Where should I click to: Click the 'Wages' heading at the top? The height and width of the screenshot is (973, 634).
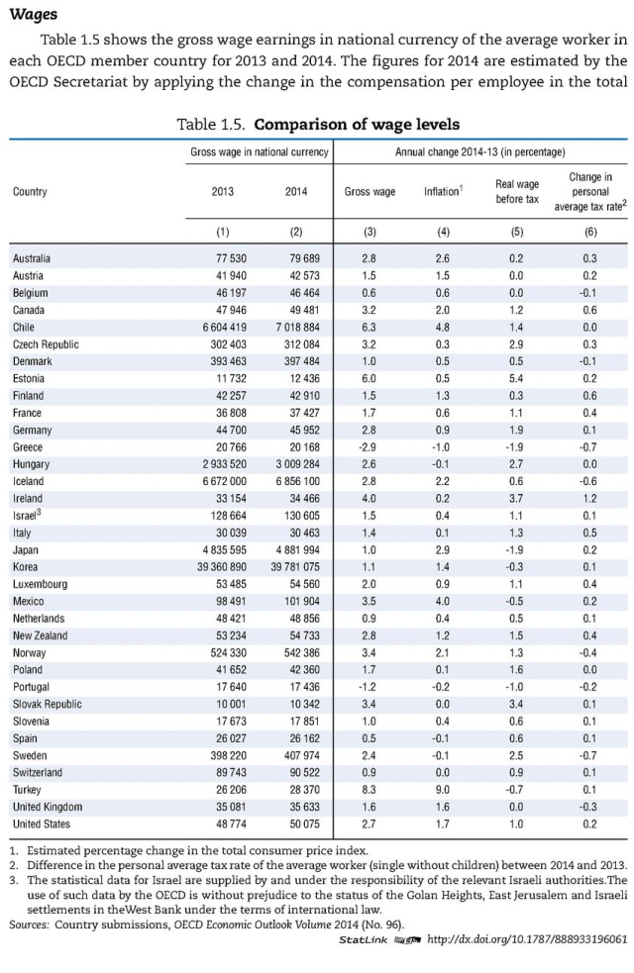tap(33, 15)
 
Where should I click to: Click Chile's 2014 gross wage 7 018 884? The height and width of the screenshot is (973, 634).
tap(295, 328)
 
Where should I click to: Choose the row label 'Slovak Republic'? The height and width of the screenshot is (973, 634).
tap(47, 704)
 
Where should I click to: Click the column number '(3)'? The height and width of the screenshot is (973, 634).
tap(370, 233)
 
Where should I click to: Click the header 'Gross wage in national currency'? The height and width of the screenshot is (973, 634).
tap(260, 153)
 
